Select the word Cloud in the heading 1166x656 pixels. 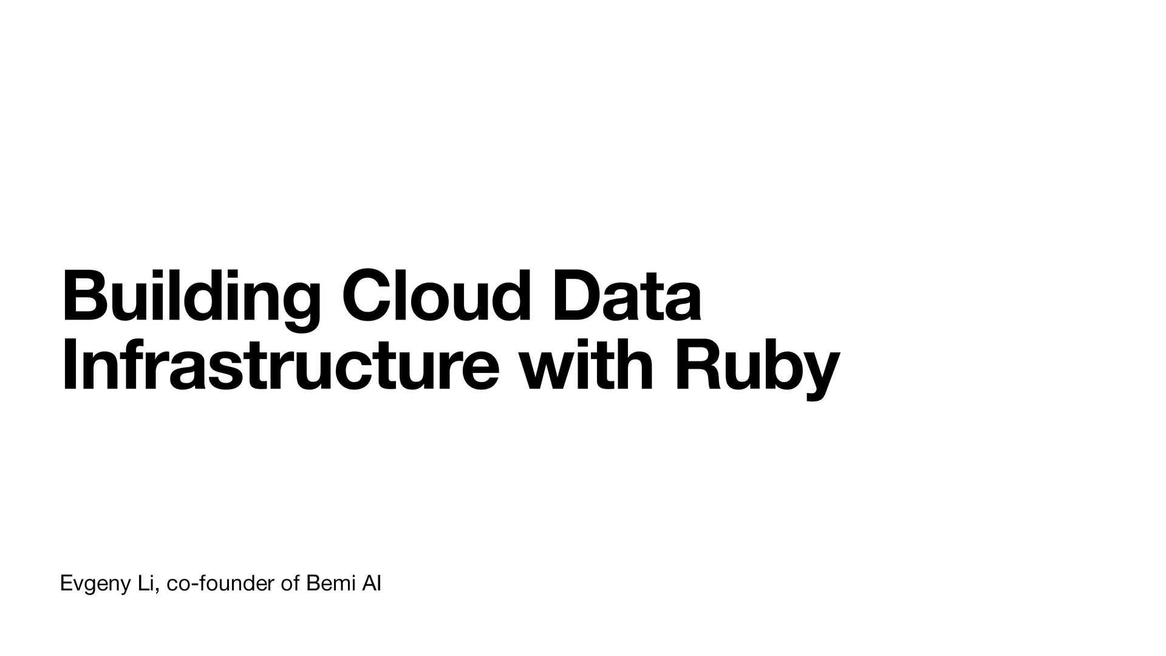[x=432, y=298]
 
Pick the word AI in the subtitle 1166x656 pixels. [x=372, y=584]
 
